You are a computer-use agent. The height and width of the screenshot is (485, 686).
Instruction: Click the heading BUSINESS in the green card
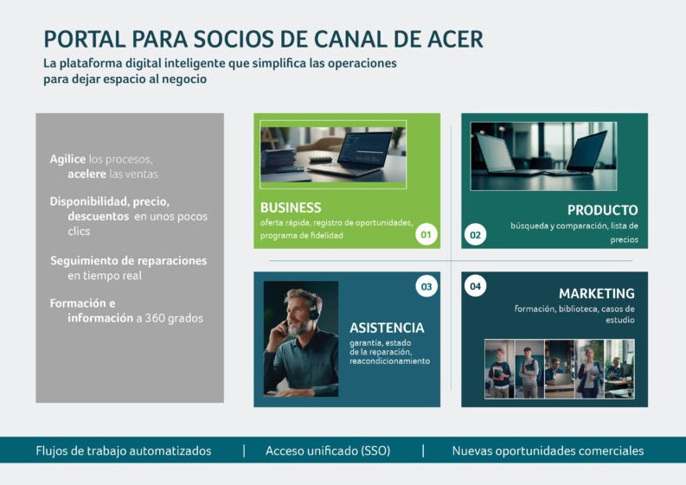tap(291, 207)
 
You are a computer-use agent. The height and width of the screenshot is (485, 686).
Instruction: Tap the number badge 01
tap(426, 234)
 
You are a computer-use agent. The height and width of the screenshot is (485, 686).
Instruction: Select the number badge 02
tap(475, 235)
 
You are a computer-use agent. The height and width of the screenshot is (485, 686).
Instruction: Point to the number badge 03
tap(426, 286)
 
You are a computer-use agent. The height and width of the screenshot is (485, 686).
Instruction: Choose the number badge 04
tap(475, 286)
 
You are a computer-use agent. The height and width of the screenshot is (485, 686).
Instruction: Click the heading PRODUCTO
tap(602, 210)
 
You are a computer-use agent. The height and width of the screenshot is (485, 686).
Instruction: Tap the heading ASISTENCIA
tap(387, 328)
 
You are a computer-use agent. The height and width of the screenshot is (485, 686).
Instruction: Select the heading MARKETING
tap(597, 293)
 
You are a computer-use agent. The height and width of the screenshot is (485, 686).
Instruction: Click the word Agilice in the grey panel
tap(67, 159)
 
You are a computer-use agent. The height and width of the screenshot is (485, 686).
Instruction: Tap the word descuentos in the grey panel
tap(99, 216)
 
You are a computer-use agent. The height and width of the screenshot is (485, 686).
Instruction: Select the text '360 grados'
tap(174, 318)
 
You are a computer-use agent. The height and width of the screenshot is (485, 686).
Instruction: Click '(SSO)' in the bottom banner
tap(375, 451)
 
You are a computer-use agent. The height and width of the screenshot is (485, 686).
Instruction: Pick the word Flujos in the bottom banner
tap(52, 451)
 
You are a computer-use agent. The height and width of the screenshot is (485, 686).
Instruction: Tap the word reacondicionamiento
tap(390, 361)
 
